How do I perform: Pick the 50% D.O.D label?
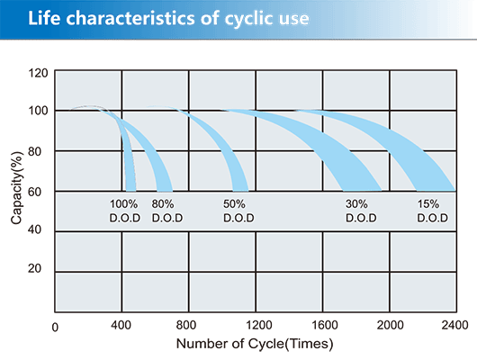[x=238, y=211]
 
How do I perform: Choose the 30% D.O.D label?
[x=361, y=211]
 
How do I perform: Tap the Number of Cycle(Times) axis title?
[x=256, y=343]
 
